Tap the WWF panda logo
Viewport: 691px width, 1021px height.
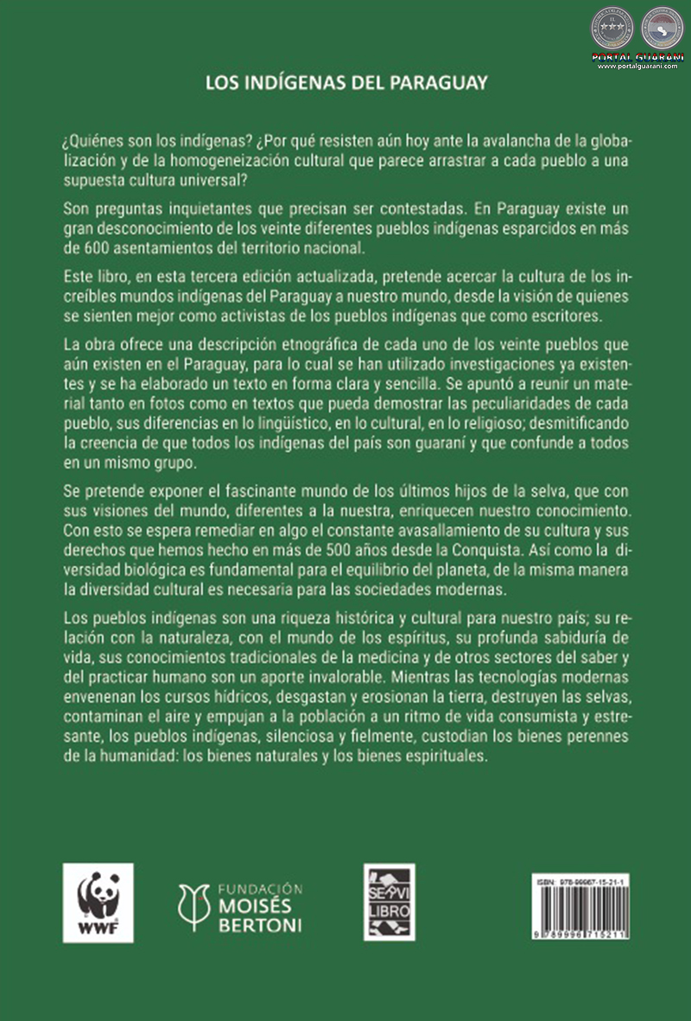tap(98, 903)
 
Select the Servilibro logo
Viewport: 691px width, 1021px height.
tap(389, 902)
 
